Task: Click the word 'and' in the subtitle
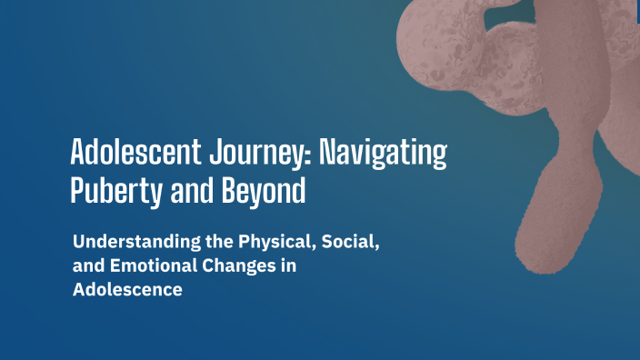(87, 268)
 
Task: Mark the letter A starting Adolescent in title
(78, 153)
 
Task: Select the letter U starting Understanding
(78, 244)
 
